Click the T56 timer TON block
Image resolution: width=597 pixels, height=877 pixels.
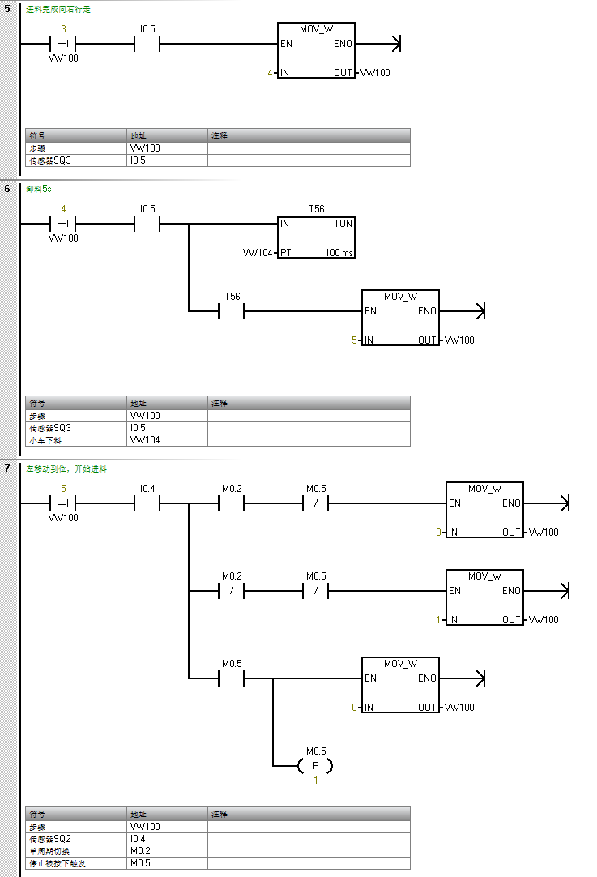click(x=316, y=237)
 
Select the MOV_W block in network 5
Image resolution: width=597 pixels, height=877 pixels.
click(x=316, y=50)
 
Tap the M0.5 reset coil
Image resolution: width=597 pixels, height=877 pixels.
click(x=316, y=765)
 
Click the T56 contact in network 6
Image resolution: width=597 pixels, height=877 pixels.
click(x=232, y=310)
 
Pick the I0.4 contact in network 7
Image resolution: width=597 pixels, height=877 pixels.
click(x=147, y=503)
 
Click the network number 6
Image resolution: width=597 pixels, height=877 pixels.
click(x=7, y=189)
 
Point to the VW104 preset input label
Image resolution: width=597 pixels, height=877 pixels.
click(x=258, y=253)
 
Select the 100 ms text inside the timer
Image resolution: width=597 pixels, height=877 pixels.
click(x=339, y=253)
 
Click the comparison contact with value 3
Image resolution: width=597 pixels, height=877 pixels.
click(x=63, y=44)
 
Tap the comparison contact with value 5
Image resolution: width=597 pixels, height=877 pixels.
click(x=63, y=503)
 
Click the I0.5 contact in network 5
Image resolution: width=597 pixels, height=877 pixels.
click(x=147, y=44)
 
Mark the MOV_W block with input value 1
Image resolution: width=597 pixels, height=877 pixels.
click(x=484, y=597)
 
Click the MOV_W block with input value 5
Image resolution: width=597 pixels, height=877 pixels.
click(x=400, y=317)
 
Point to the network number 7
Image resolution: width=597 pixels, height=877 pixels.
click(x=7, y=468)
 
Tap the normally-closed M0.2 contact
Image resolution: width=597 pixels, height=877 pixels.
click(x=232, y=591)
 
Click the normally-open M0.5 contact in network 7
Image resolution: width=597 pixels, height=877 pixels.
click(x=232, y=678)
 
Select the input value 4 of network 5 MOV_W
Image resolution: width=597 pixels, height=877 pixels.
click(x=271, y=73)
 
